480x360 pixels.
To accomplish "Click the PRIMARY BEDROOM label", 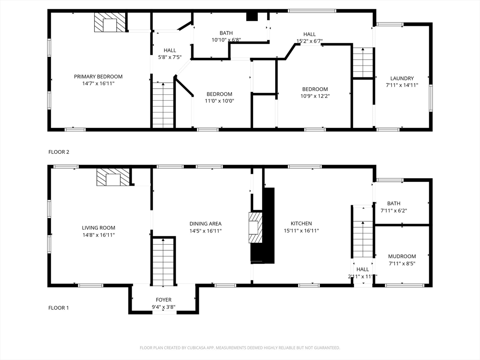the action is click(x=98, y=76).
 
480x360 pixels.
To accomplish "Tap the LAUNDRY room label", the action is click(x=402, y=78).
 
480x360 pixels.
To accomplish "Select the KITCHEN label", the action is click(x=301, y=224).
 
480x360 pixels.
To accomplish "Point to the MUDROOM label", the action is click(x=402, y=256).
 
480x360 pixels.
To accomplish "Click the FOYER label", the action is click(x=164, y=300).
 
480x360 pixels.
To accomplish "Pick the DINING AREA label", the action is click(x=205, y=224).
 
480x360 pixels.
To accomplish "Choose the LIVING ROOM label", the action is click(x=98, y=228).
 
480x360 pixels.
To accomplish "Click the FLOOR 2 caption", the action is click(x=59, y=152).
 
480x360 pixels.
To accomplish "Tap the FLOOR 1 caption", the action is click(x=59, y=307).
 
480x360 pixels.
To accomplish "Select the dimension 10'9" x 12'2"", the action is click(x=315, y=96).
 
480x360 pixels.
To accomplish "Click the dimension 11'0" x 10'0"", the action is click(x=219, y=101).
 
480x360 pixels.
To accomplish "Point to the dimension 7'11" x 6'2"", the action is click(x=394, y=210).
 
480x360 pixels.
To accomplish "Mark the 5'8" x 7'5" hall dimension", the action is click(x=170, y=57).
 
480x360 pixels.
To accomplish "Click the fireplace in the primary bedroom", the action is click(x=110, y=22).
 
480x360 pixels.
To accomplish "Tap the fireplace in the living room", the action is click(x=113, y=177).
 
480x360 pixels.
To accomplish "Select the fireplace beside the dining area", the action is click(x=255, y=227).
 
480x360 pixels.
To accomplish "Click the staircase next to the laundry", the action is click(x=363, y=63).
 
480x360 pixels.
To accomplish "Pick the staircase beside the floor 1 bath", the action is click(x=363, y=232).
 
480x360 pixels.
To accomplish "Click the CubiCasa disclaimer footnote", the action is click(x=240, y=348).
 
